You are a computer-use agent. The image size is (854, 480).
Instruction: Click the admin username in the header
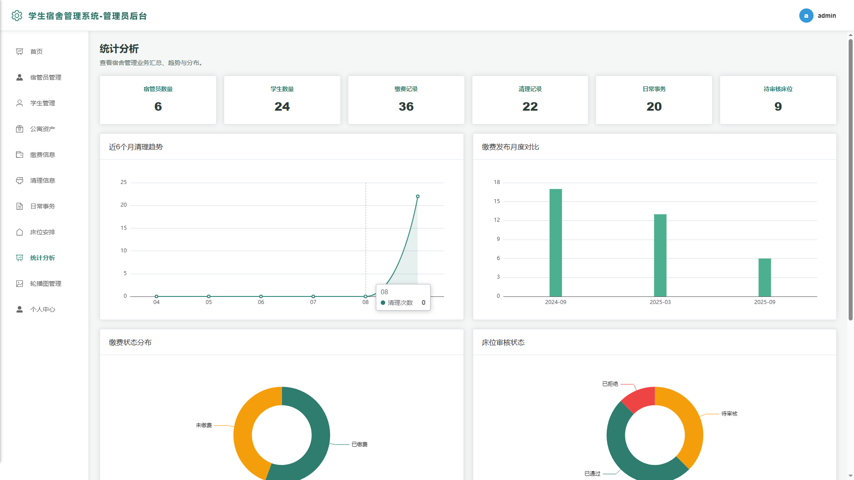[x=827, y=16]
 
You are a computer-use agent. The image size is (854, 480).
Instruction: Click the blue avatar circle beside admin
[x=806, y=16]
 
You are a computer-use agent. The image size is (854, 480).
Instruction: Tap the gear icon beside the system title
[x=17, y=16]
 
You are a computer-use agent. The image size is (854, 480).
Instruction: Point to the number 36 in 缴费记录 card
[x=406, y=107]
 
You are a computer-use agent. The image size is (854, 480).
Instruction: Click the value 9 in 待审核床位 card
[x=778, y=107]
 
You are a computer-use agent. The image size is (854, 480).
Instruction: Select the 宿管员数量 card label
[x=158, y=89]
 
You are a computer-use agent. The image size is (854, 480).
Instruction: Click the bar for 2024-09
[x=556, y=243]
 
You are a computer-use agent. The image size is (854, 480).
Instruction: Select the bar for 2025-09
[x=765, y=277]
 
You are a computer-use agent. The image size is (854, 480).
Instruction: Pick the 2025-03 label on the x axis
[x=660, y=302]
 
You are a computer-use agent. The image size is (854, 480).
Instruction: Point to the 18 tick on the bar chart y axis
[x=497, y=182]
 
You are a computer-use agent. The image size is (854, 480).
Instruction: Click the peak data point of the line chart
[x=418, y=196]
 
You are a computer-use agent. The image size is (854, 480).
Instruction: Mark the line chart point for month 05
[x=209, y=296]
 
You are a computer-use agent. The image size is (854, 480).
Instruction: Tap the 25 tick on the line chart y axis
[x=124, y=182]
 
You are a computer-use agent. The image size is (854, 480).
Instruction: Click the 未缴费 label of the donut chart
[x=204, y=425]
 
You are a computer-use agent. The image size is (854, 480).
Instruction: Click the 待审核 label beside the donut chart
[x=729, y=414]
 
